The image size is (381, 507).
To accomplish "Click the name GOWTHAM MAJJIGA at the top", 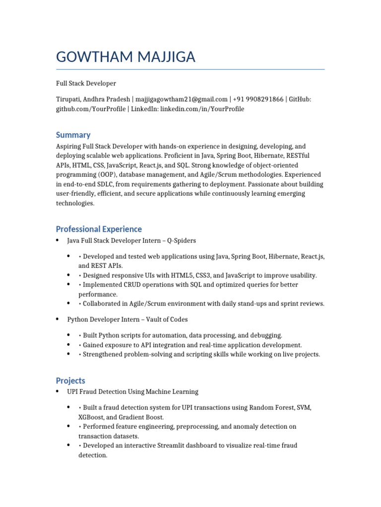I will click(x=126, y=57).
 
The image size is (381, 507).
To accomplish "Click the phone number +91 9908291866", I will click(x=257, y=100).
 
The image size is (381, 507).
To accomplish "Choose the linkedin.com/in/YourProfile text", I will click(x=202, y=109).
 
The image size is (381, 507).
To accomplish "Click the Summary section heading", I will click(x=73, y=135).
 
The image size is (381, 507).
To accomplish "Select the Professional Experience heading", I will click(x=99, y=229).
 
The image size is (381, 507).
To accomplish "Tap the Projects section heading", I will click(x=70, y=380).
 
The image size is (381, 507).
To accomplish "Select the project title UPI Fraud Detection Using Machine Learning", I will click(x=132, y=392).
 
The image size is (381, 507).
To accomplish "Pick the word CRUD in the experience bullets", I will click(x=136, y=285).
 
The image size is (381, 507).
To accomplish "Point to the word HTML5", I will click(x=170, y=275).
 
